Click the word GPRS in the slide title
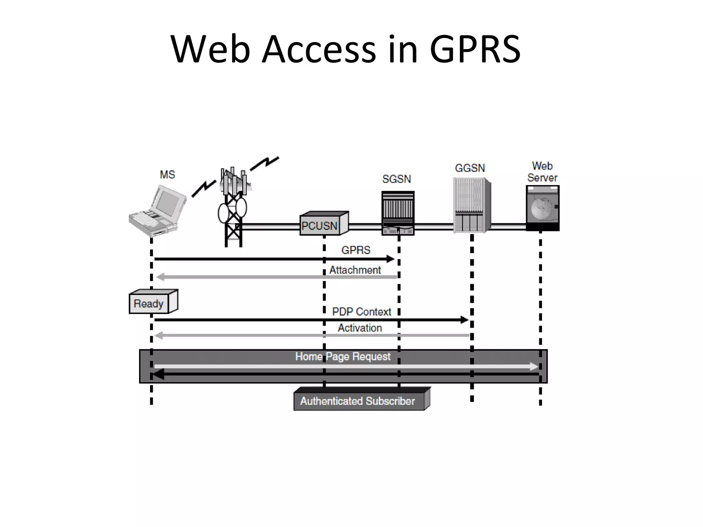pyautogui.click(x=475, y=50)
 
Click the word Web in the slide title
pyautogui.click(x=210, y=50)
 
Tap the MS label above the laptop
pyautogui.click(x=167, y=175)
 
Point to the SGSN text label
pyautogui.click(x=396, y=179)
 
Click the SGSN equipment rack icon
pyautogui.click(x=398, y=213)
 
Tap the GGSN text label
pyautogui.click(x=470, y=168)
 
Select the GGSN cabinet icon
pyautogui.click(x=471, y=205)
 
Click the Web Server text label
pyautogui.click(x=542, y=172)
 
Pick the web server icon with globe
pyautogui.click(x=542, y=208)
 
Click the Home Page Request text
pyautogui.click(x=343, y=356)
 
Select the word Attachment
pyautogui.click(x=355, y=270)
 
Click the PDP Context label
pyautogui.click(x=361, y=312)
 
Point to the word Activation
pyautogui.click(x=360, y=328)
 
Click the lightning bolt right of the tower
pyautogui.click(x=264, y=164)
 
